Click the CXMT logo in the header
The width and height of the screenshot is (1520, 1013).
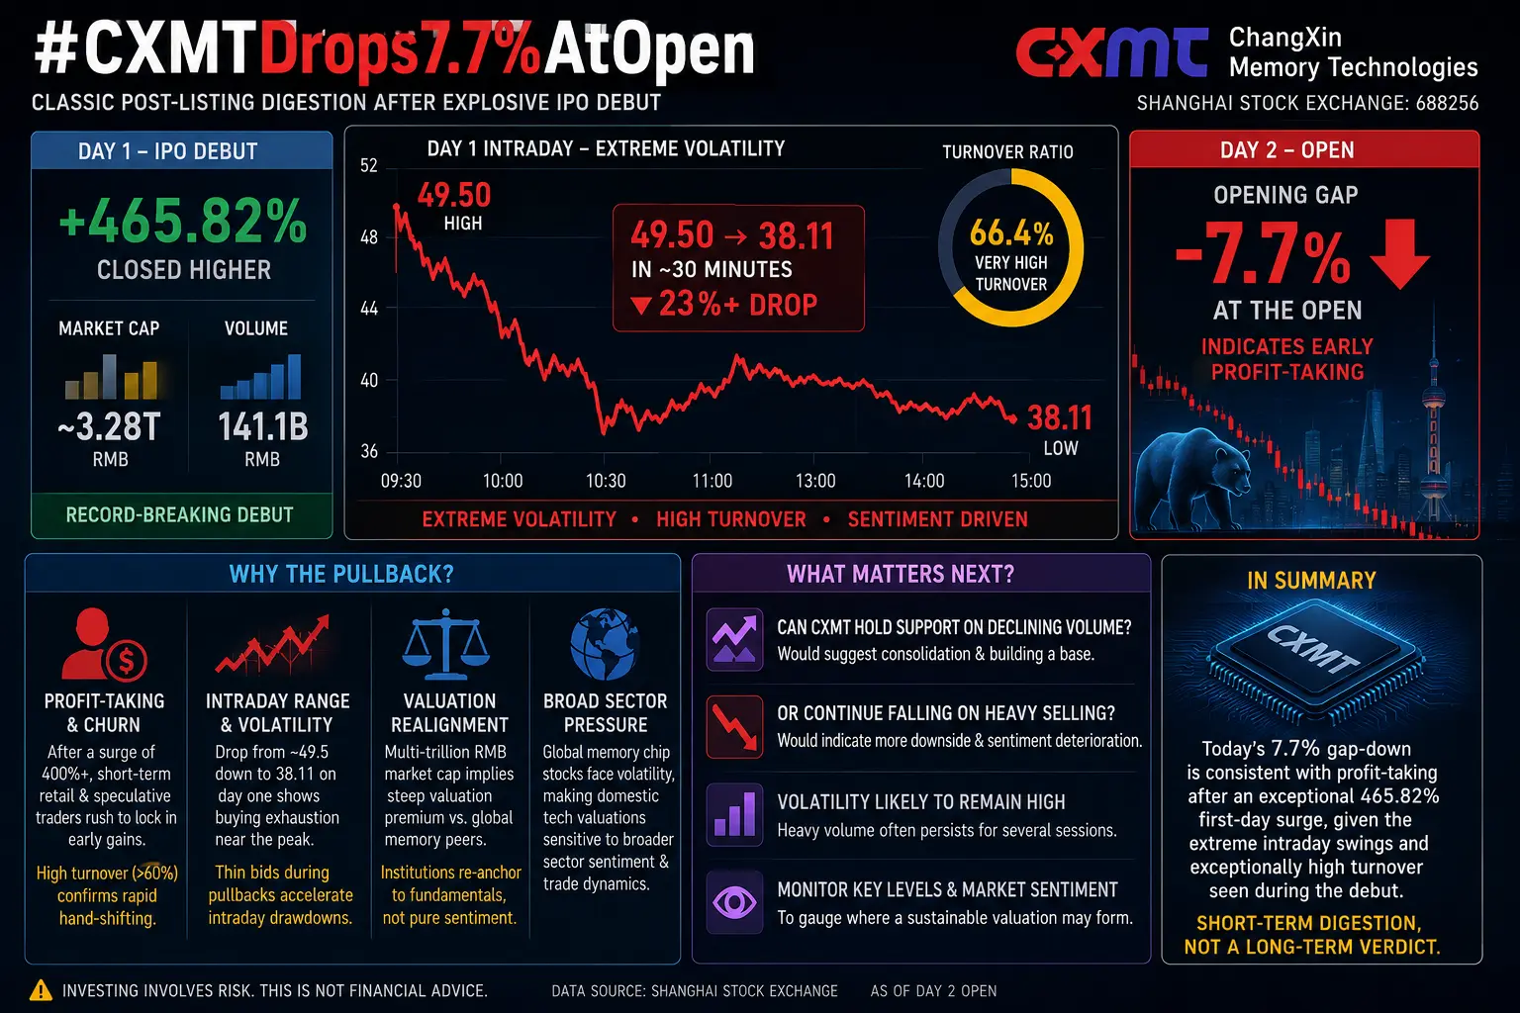pos(1111,52)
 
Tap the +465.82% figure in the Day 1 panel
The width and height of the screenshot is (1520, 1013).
pos(182,220)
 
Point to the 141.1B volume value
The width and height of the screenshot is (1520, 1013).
pos(262,426)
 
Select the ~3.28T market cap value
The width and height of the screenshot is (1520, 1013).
pos(109,426)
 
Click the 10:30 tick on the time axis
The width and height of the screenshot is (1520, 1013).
pos(606,481)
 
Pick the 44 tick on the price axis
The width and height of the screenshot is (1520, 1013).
pos(368,309)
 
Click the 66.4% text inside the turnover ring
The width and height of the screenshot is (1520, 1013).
pos(1011,232)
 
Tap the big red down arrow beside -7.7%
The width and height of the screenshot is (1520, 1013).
pos(1399,253)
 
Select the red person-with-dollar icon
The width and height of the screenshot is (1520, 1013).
pos(104,644)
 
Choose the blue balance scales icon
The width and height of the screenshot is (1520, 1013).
pos(446,644)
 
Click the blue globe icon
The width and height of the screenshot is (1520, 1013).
pos(604,644)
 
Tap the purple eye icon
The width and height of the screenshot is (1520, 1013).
pos(733,902)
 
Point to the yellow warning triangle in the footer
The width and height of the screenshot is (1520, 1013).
pos(41,990)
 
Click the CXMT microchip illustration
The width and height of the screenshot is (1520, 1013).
pos(1314,664)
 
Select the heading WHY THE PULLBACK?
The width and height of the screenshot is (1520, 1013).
pos(341,574)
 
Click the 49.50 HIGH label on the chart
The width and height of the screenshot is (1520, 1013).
pos(454,206)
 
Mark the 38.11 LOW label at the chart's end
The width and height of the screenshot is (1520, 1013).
pos(1060,428)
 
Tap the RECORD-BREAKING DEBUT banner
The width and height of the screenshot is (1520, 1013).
pos(180,515)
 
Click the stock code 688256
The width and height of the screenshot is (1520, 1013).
pos(1447,103)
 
